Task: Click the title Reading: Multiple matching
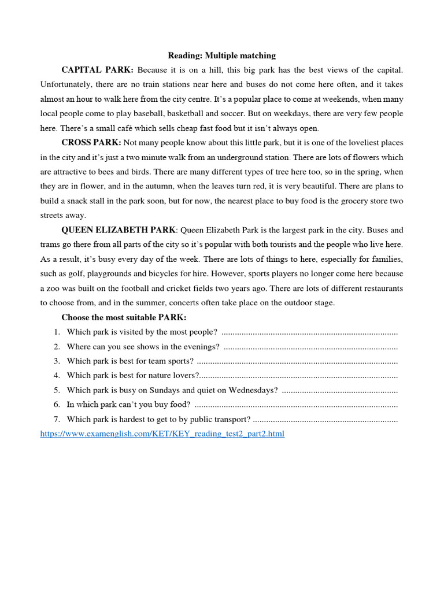tap(222, 55)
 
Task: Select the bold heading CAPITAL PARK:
tap(97, 70)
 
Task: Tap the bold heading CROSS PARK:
tap(91, 143)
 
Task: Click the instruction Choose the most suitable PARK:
tap(124, 317)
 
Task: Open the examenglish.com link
tap(162, 434)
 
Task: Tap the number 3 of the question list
tap(57, 361)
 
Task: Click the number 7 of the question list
tap(57, 419)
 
